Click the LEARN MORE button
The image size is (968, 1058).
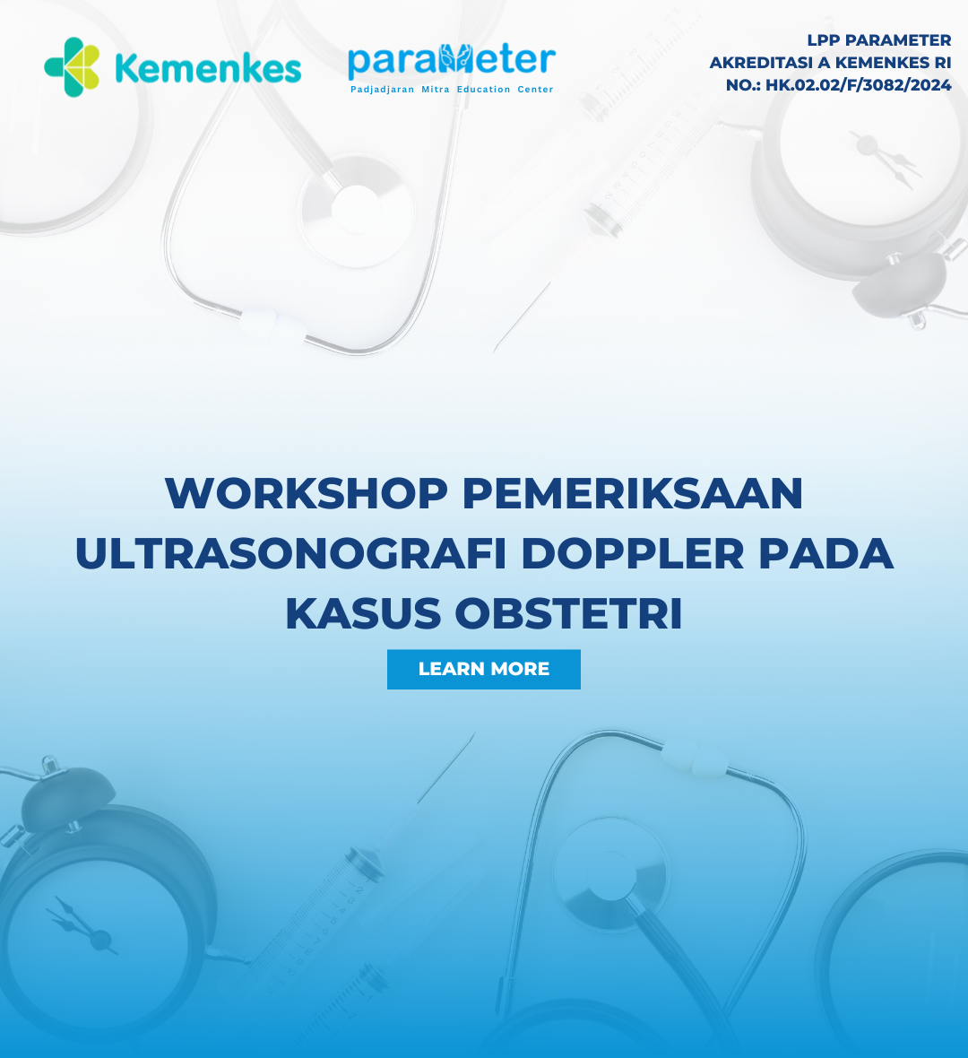(484, 670)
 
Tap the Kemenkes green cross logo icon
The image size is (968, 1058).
(73, 67)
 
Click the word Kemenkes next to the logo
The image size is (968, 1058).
(209, 69)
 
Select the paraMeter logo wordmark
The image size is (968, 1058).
(452, 60)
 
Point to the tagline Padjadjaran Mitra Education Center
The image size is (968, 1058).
(452, 89)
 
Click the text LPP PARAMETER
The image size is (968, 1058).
(879, 40)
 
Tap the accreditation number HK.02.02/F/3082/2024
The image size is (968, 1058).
(858, 85)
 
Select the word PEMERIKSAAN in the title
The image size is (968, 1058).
(633, 493)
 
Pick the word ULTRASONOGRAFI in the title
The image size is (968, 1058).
(290, 553)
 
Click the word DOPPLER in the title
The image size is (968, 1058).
(633, 553)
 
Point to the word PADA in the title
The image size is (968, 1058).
(825, 553)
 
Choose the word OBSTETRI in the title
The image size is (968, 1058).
(568, 613)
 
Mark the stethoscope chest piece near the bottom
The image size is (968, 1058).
(610, 874)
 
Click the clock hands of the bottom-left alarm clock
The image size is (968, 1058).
(82, 925)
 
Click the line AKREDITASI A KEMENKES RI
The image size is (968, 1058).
(830, 63)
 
